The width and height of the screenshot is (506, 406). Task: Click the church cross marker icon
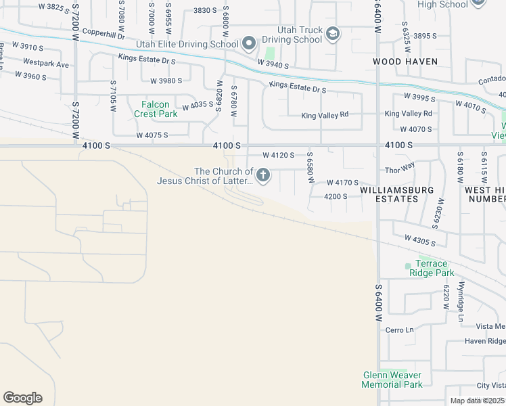coord(262,177)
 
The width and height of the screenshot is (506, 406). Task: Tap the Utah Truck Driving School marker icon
coord(332,34)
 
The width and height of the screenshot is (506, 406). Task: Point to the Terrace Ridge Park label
coord(431,268)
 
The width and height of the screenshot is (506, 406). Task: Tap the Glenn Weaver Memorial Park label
coord(392,380)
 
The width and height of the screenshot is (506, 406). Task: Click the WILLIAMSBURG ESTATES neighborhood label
coord(396,195)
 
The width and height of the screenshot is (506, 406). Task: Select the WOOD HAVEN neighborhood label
coord(405,62)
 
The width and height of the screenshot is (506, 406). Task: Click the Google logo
coord(22,398)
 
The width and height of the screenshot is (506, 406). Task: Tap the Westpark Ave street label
coord(46,64)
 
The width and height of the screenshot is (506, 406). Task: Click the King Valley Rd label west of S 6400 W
coord(325,115)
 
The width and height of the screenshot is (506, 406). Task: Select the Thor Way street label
coord(399,171)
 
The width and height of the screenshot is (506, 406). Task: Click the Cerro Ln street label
coord(399,330)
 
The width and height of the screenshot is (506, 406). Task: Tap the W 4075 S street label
coord(152,135)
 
